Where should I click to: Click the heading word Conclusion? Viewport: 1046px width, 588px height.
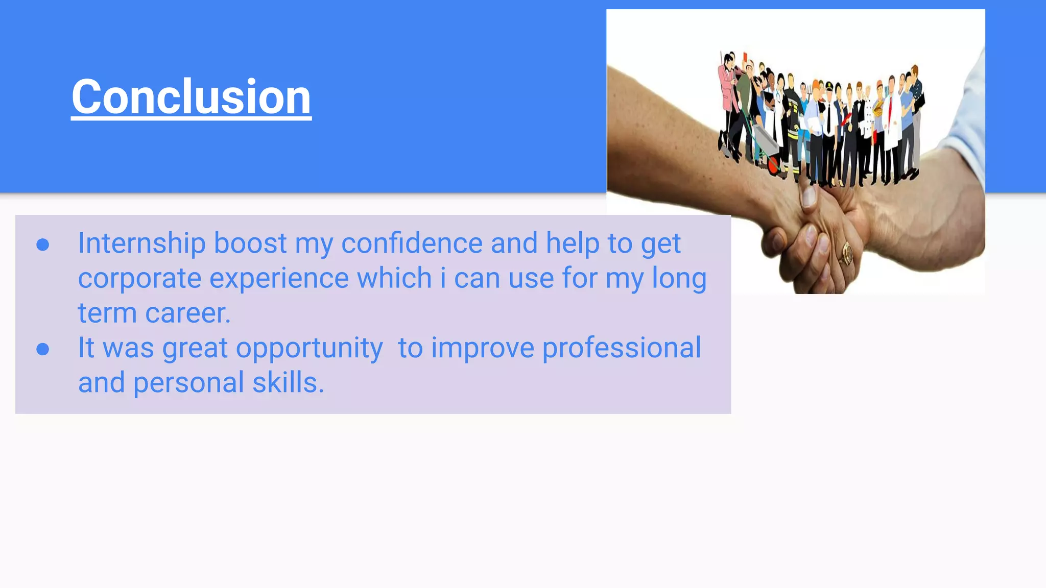191,97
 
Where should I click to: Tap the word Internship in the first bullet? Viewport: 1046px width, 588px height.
141,243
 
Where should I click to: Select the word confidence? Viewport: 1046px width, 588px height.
412,243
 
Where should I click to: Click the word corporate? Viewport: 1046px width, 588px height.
139,279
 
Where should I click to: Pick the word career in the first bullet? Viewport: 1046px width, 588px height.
187,313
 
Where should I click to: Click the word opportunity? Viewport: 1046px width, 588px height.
309,349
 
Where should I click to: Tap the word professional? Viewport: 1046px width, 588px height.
622,348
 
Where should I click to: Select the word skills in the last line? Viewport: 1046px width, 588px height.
288,382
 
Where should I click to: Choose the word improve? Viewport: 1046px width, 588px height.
483,349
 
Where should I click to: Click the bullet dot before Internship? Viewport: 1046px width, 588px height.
43,245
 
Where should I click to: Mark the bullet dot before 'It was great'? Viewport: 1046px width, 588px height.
43,350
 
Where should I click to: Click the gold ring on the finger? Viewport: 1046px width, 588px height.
847,253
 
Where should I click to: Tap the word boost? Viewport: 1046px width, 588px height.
250,243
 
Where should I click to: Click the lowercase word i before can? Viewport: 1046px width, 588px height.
443,279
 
